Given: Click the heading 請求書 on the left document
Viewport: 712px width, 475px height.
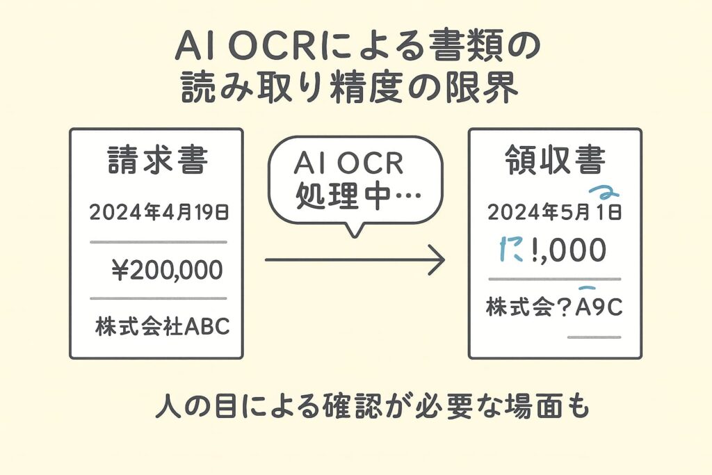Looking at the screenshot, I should click(156, 163).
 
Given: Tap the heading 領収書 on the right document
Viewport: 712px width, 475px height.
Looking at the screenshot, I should click(554, 163).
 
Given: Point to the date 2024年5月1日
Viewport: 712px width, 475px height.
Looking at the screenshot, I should click(554, 213).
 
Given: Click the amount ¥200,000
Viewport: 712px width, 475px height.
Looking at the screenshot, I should click(167, 269).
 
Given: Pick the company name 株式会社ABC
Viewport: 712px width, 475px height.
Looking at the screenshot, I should click(162, 326).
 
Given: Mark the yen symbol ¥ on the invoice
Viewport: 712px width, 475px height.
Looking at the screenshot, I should click(120, 269).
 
